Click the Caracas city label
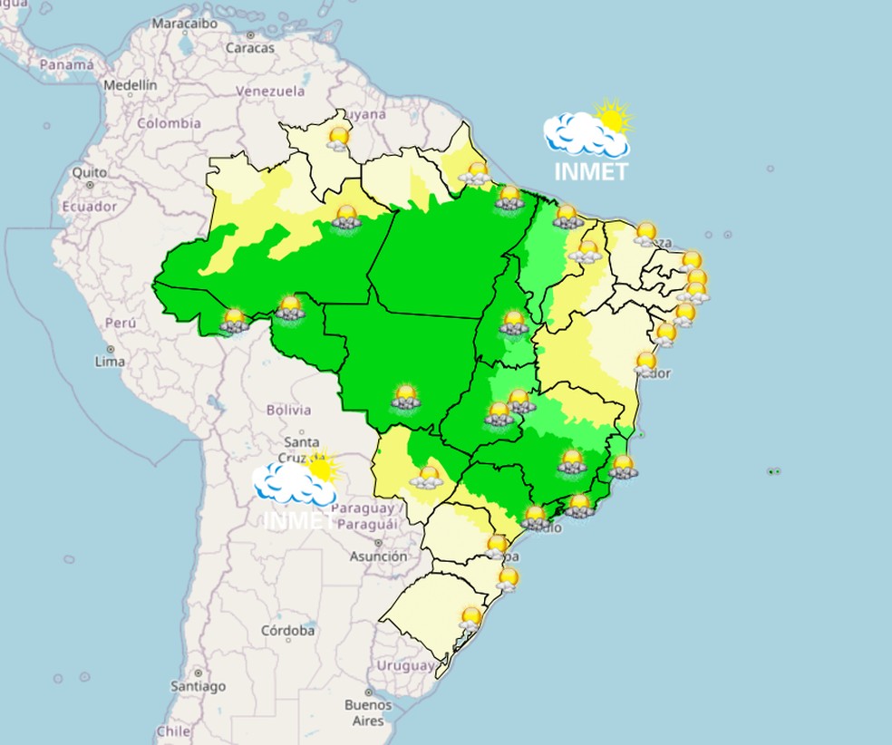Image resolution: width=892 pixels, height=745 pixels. click(249, 48)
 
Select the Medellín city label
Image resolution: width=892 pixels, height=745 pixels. click(131, 85)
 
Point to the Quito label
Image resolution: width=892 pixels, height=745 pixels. click(90, 172)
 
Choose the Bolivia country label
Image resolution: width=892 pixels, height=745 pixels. click(288, 411)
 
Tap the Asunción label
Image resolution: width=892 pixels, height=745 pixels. click(378, 556)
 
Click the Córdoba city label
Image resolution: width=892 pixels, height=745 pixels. click(287, 630)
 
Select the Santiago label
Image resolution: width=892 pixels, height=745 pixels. click(198, 686)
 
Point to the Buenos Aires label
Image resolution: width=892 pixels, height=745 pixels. click(368, 712)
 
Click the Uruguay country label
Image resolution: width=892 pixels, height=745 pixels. click(407, 665)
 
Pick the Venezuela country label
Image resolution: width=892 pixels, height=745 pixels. click(270, 92)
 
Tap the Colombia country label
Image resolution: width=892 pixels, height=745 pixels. click(169, 123)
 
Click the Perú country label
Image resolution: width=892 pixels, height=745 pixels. click(120, 323)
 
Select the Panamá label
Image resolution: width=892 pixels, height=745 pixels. click(66, 65)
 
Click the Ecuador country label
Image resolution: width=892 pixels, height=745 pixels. click(89, 207)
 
